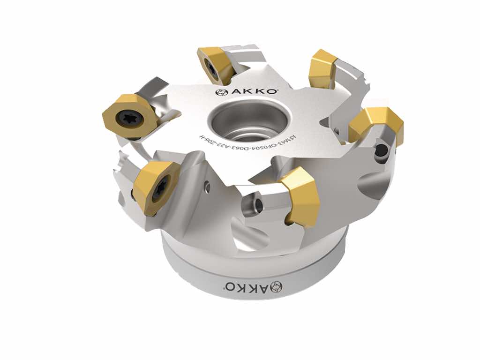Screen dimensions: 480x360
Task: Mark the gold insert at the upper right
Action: coord(322,68)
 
